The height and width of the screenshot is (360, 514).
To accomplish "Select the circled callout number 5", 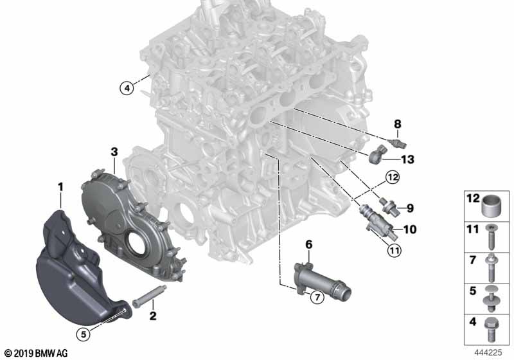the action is click(84, 334).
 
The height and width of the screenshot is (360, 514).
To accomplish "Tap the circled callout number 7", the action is click(317, 297).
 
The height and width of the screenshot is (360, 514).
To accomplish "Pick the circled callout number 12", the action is click(393, 177).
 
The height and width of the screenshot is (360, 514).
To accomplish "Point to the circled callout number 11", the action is click(394, 251).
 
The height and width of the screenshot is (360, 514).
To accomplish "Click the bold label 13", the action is click(407, 159).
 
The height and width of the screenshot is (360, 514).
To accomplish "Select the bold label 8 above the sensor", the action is click(397, 124).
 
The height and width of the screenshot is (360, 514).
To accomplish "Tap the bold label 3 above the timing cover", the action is click(114, 152).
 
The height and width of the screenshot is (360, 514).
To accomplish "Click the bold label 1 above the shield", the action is click(60, 187).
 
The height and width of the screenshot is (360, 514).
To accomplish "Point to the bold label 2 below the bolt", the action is click(153, 316).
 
